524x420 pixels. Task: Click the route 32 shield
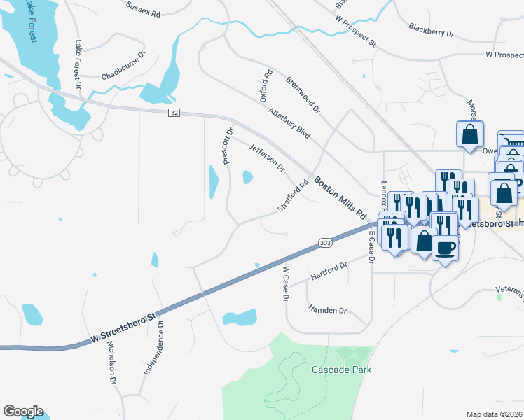174,113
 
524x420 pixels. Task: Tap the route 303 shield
324,242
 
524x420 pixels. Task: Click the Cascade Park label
341,370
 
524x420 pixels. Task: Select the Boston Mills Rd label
340,197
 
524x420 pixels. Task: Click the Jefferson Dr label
267,157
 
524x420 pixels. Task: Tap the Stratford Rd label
293,197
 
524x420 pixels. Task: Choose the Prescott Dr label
228,145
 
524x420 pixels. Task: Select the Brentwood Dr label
303,94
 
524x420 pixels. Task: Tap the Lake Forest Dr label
78,63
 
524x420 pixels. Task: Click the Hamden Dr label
327,309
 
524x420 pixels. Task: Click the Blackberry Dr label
432,31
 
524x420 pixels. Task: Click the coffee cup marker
445,248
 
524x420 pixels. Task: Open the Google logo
23,411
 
